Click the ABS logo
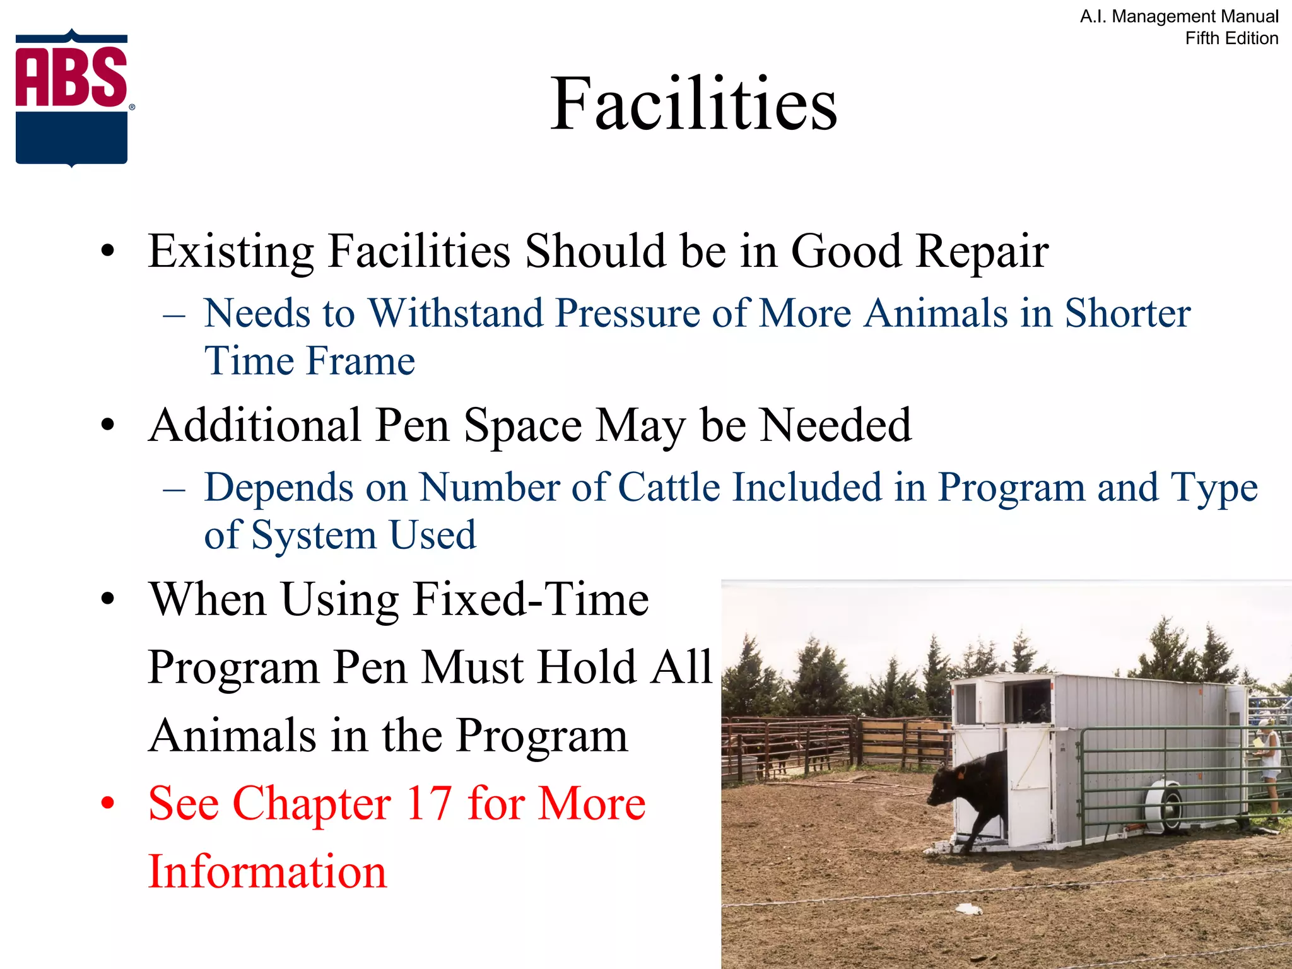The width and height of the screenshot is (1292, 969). [72, 98]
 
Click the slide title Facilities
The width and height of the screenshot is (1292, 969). [693, 103]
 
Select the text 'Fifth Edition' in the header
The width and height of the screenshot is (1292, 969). [1231, 38]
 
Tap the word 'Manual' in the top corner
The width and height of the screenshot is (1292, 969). [1248, 16]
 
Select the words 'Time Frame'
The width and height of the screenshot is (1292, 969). [309, 361]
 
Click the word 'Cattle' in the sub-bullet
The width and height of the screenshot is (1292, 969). [669, 487]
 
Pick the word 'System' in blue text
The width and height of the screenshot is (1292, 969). [314, 536]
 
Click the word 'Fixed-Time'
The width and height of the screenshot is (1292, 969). [530, 599]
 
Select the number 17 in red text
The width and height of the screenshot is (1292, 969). [428, 803]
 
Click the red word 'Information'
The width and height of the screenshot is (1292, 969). [267, 872]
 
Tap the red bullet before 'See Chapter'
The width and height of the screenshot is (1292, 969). [108, 804]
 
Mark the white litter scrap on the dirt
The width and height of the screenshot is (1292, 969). [969, 909]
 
